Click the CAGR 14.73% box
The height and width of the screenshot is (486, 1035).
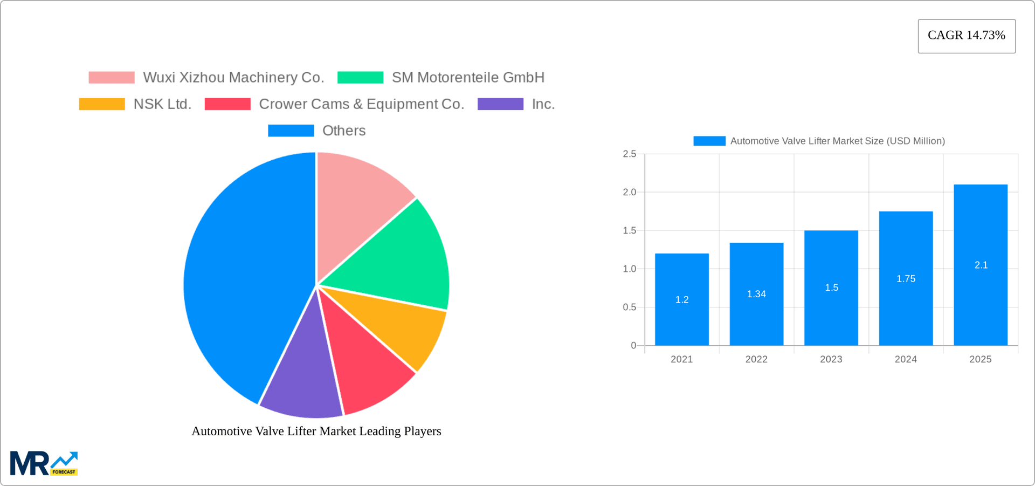coord(967,36)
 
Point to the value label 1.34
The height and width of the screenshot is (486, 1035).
coord(756,294)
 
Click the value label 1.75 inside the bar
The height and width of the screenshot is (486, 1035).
coord(906,279)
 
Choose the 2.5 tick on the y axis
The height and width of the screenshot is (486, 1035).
coord(630,154)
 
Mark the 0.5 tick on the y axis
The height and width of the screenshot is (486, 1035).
coord(630,307)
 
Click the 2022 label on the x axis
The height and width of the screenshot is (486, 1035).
coord(756,359)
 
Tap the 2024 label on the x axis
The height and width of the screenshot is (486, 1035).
coord(906,359)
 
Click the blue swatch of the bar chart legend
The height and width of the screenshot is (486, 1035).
coord(709,141)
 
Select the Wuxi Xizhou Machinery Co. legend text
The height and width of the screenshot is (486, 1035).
coord(233,78)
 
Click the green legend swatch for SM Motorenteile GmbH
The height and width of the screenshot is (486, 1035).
coord(360,78)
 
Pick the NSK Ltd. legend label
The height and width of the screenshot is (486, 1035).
coord(162,104)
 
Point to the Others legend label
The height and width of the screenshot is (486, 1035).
coord(344,131)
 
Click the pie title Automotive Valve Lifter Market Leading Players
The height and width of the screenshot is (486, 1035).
coord(316,431)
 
